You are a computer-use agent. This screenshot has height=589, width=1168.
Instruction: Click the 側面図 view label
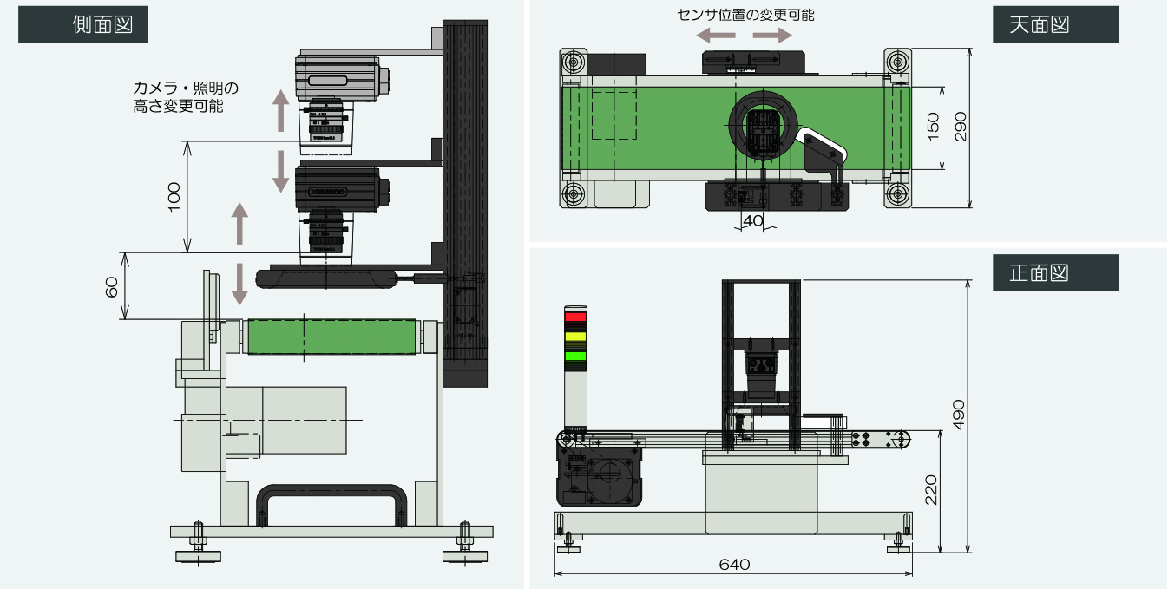coord(83,24)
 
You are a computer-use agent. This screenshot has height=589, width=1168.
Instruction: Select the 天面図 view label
coord(1055,24)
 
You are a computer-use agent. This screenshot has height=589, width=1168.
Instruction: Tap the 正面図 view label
coord(1055,272)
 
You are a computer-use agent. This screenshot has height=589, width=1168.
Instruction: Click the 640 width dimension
coord(734,564)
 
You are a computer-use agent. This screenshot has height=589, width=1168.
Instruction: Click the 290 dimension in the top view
coord(959,128)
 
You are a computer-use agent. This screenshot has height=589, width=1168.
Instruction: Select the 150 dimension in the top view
coord(933,128)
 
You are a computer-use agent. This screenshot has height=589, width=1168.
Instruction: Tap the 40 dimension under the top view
coord(752,221)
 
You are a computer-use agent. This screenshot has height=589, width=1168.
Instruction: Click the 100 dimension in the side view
coord(174,197)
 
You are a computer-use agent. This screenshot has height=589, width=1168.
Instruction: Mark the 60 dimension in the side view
coord(112,286)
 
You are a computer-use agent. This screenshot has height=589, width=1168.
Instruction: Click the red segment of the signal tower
coord(575,317)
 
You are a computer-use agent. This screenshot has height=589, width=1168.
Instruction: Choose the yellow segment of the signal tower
coord(575,337)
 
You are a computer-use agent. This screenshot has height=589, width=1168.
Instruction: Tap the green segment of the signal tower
coord(575,355)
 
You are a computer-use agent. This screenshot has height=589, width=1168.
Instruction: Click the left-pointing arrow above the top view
coord(716,35)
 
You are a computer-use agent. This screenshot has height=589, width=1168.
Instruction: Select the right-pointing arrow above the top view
coord(771,35)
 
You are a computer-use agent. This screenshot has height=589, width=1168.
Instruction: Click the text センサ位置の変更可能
coord(745,15)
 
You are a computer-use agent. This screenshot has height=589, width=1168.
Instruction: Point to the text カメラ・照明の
coord(185,88)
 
